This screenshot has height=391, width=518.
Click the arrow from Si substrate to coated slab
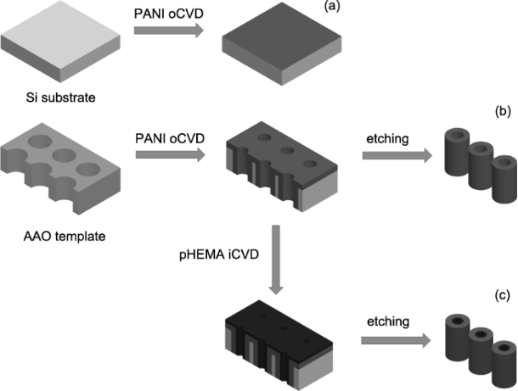pyautogui.click(x=167, y=31)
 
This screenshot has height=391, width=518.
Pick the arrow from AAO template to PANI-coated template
pyautogui.click(x=167, y=154)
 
